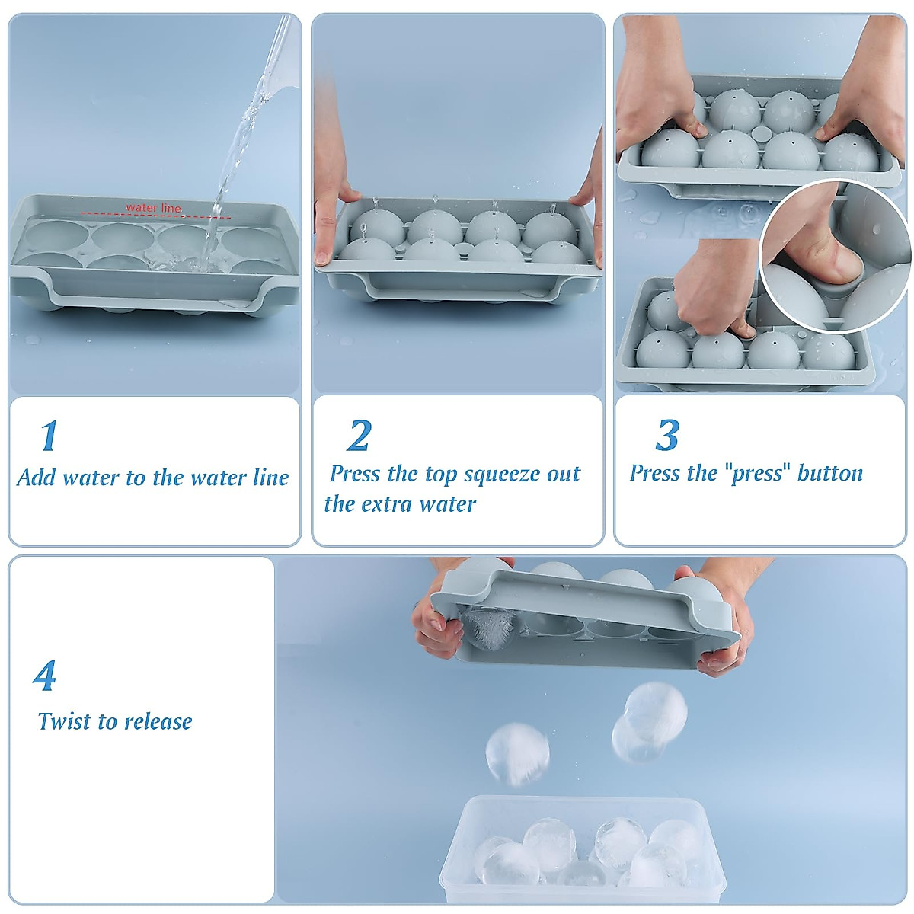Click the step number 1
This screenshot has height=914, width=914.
[x=48, y=435]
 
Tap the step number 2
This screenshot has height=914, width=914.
[x=358, y=435]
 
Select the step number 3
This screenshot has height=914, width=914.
[x=666, y=435]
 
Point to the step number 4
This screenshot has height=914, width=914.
[x=45, y=675]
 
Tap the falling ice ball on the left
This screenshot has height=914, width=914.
[x=517, y=753]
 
